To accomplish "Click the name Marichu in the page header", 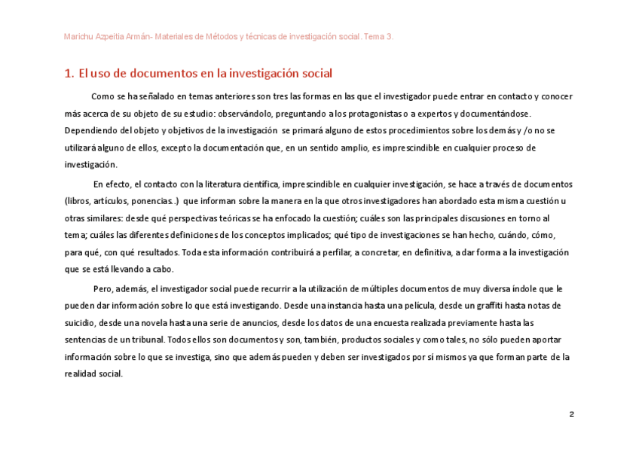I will [79, 36].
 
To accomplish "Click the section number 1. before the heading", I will [69, 74].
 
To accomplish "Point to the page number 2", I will [572, 415].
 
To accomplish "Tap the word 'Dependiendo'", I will [90, 131].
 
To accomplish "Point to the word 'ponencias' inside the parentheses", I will [154, 201].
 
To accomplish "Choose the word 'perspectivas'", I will [198, 218].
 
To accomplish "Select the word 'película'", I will [380, 306].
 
